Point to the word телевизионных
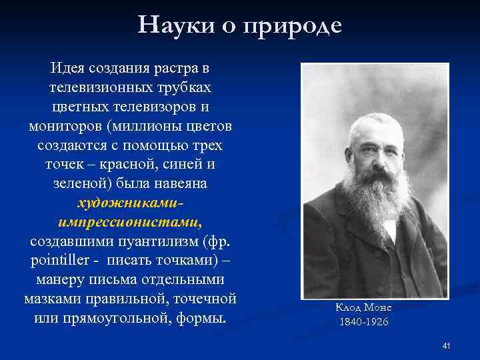click(x=95, y=88)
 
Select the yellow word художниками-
click(x=131, y=203)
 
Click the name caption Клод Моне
click(x=363, y=307)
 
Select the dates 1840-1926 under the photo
click(x=363, y=322)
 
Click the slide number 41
click(x=447, y=345)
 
